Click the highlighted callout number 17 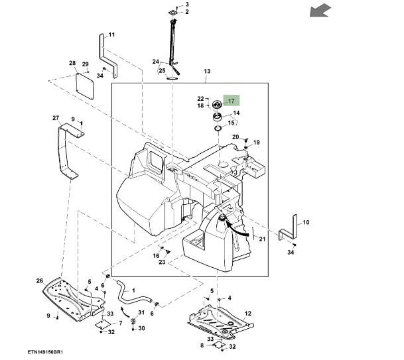pos(231,101)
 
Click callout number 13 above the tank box pos(206,71)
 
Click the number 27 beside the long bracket pos(56,118)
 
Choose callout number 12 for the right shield pos(248,314)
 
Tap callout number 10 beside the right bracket pos(306,222)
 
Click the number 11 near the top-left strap pos(111,34)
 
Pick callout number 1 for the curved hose pos(133,290)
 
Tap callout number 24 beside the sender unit pos(156,62)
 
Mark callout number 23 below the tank pos(161,262)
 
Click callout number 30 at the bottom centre pos(141,328)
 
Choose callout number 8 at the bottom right pos(202,345)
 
